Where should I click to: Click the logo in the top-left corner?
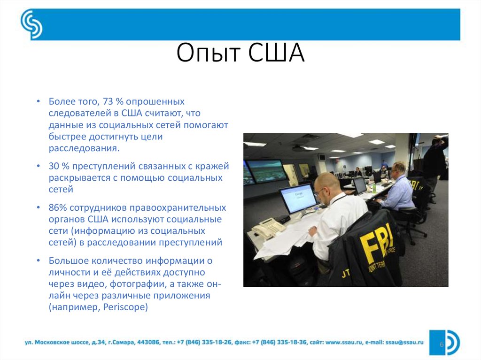[x=31, y=25]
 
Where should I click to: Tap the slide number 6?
[x=442, y=344]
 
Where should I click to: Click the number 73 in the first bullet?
[x=107, y=102]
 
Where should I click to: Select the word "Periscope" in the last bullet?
[x=126, y=307]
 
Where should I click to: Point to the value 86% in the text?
[x=58, y=207]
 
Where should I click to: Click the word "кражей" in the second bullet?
[x=214, y=166]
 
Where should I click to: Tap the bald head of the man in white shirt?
[x=327, y=183]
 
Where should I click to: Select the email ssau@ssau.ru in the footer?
[x=404, y=343]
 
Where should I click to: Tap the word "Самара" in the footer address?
[x=123, y=343]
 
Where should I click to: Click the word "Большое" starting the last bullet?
[x=66, y=260]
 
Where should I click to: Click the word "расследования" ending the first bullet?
[x=84, y=148]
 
